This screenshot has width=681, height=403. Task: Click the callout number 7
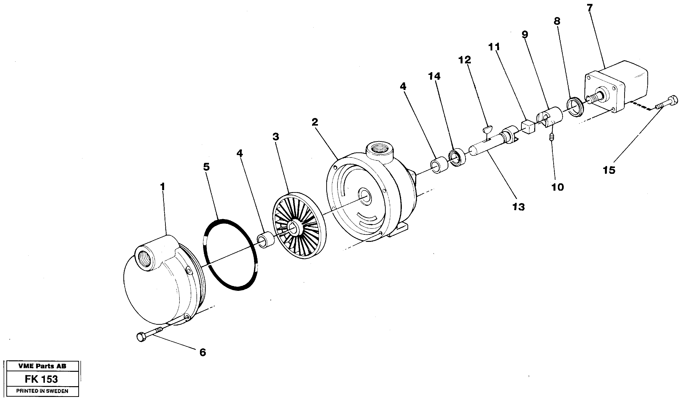[590, 8]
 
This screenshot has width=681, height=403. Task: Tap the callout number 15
[609, 170]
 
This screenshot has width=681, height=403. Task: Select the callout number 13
[519, 207]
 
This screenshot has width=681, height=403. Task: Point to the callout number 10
[558, 187]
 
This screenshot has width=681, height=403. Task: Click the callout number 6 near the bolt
[203, 353]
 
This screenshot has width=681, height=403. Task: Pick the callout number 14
[434, 76]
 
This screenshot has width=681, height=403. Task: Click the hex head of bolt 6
[140, 338]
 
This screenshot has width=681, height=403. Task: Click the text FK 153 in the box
[41, 379]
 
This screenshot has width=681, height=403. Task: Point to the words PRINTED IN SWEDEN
[42, 391]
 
